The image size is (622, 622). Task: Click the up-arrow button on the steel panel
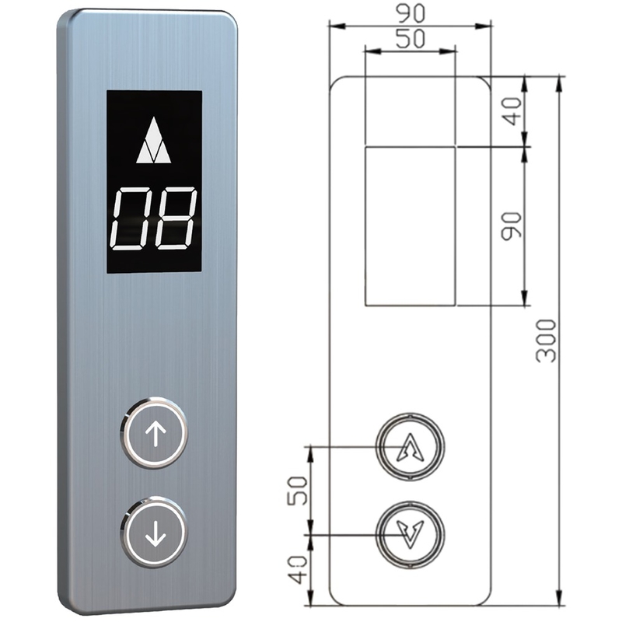[x=153, y=432]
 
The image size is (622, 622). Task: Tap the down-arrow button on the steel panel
[x=153, y=533]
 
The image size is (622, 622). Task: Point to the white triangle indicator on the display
[x=153, y=140]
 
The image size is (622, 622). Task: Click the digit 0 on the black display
[x=131, y=218]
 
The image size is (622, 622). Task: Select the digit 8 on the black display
[x=176, y=218]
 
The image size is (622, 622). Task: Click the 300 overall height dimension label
[x=547, y=341]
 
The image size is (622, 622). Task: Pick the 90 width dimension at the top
[x=411, y=13]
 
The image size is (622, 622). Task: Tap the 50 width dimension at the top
[x=411, y=39]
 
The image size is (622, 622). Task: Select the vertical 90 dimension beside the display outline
[x=511, y=226]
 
